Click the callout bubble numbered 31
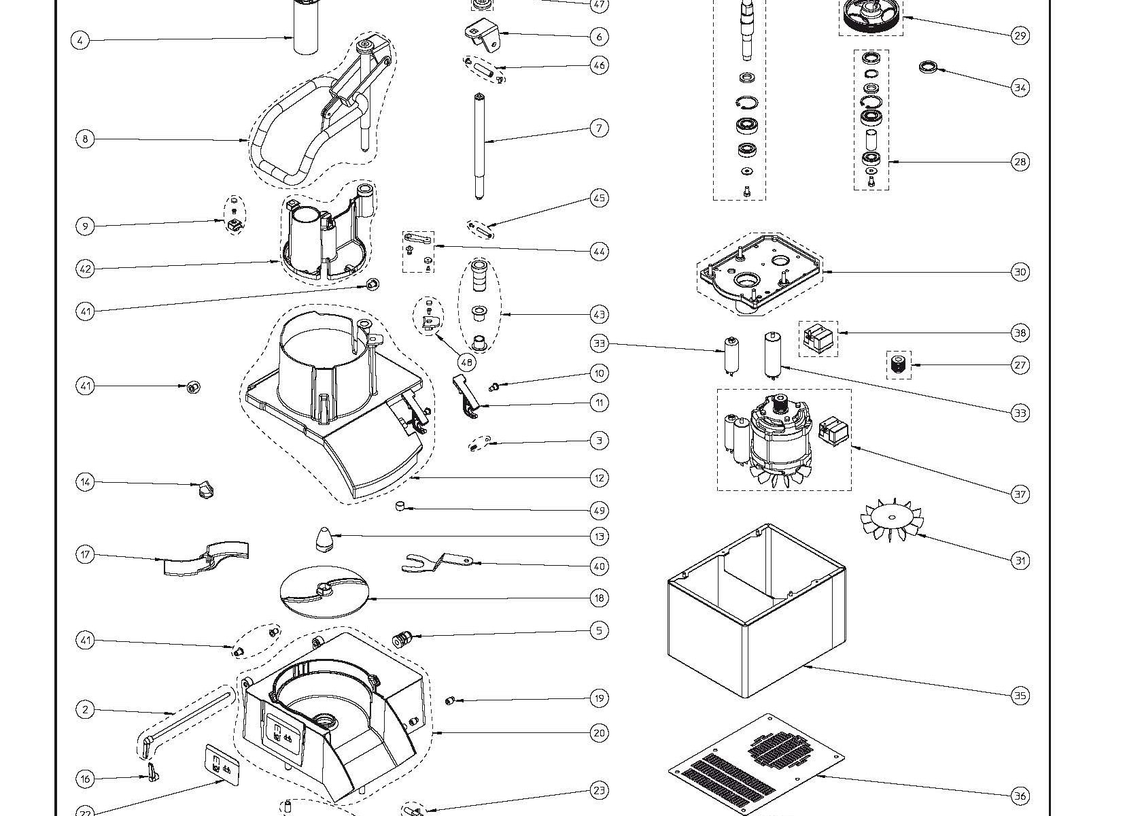click(1020, 560)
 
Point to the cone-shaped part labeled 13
click(322, 540)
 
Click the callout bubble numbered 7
click(598, 128)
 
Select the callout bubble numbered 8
click(85, 139)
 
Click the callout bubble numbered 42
click(85, 269)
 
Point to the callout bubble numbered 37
click(1020, 494)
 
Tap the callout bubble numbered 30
click(1020, 272)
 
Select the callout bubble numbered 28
click(1020, 162)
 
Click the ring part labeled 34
click(929, 67)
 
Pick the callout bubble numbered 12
click(598, 478)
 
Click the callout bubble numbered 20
click(598, 733)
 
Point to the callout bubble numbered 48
click(466, 362)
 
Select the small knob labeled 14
click(204, 488)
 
